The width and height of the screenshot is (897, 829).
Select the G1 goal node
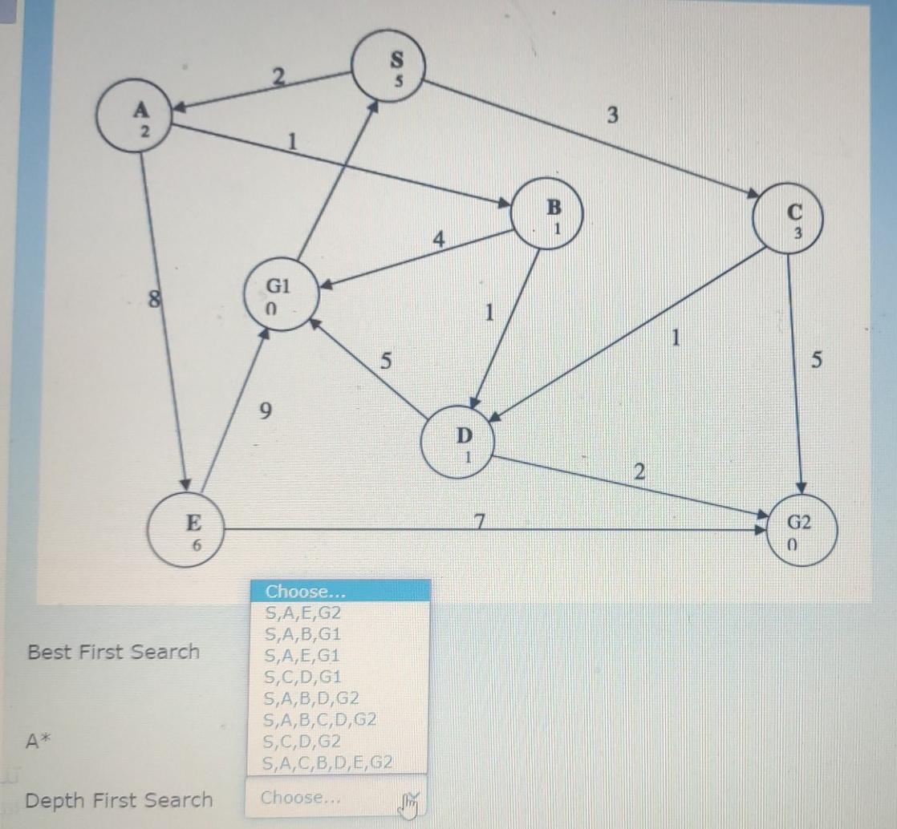click(x=280, y=293)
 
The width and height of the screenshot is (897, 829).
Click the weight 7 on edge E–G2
click(x=479, y=522)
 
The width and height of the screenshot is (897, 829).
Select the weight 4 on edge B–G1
click(x=438, y=239)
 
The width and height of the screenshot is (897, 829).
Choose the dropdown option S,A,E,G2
click(x=302, y=613)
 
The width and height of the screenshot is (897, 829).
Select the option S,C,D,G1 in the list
click(x=302, y=676)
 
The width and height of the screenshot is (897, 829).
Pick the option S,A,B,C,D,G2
click(x=320, y=719)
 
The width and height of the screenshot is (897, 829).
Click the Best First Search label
click(x=113, y=652)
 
